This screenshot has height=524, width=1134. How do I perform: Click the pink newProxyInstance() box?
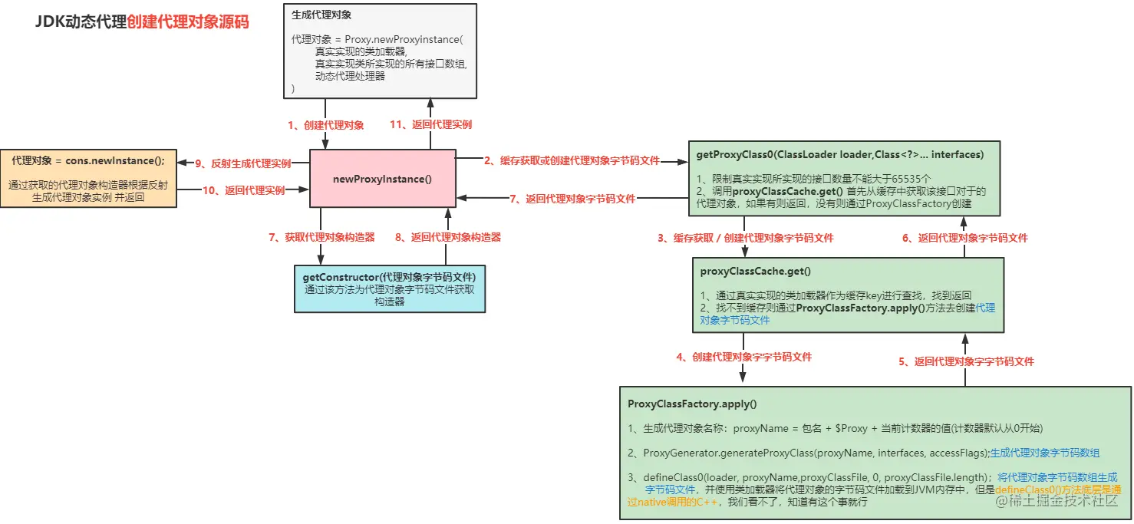tap(382, 179)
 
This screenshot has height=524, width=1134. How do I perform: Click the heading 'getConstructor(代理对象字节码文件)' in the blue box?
tap(390, 277)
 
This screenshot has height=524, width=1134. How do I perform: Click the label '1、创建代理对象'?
tap(325, 124)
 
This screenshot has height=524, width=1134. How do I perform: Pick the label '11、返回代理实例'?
tap(430, 124)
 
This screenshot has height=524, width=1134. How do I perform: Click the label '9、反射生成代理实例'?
tap(242, 163)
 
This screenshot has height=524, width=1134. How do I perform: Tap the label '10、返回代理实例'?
tap(243, 189)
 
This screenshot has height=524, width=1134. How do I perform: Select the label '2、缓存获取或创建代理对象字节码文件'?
tap(571, 161)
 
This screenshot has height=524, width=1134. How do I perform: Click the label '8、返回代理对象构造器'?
tap(448, 237)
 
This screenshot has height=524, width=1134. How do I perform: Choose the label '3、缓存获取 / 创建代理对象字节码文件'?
tap(745, 238)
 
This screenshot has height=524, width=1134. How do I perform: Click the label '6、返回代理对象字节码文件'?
tap(964, 238)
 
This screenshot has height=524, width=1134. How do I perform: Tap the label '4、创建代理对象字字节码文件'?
tap(743, 357)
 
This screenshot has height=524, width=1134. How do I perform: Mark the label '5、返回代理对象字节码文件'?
tap(966, 361)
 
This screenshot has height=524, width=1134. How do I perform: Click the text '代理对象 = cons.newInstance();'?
tap(87, 160)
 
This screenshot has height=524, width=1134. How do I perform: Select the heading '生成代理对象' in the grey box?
tap(321, 15)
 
